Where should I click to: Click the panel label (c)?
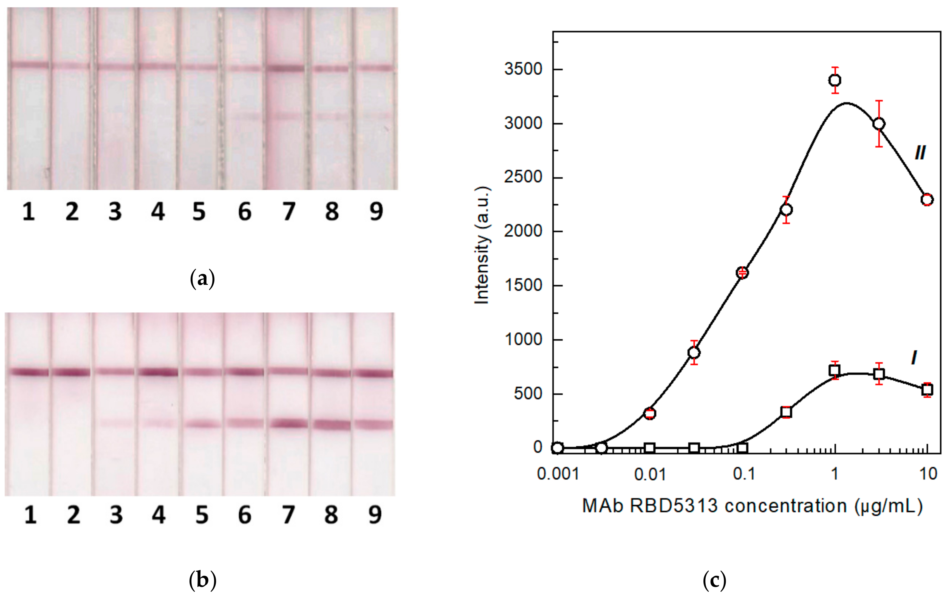tap(714, 580)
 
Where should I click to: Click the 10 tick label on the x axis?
tap(928, 474)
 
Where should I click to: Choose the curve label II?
tap(920, 152)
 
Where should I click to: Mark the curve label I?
tap(914, 358)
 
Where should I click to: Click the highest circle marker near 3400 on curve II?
tap(835, 80)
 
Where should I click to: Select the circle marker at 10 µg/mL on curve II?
tap(927, 200)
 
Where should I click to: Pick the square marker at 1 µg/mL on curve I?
tap(835, 370)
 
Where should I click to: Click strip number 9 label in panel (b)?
tap(375, 515)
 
